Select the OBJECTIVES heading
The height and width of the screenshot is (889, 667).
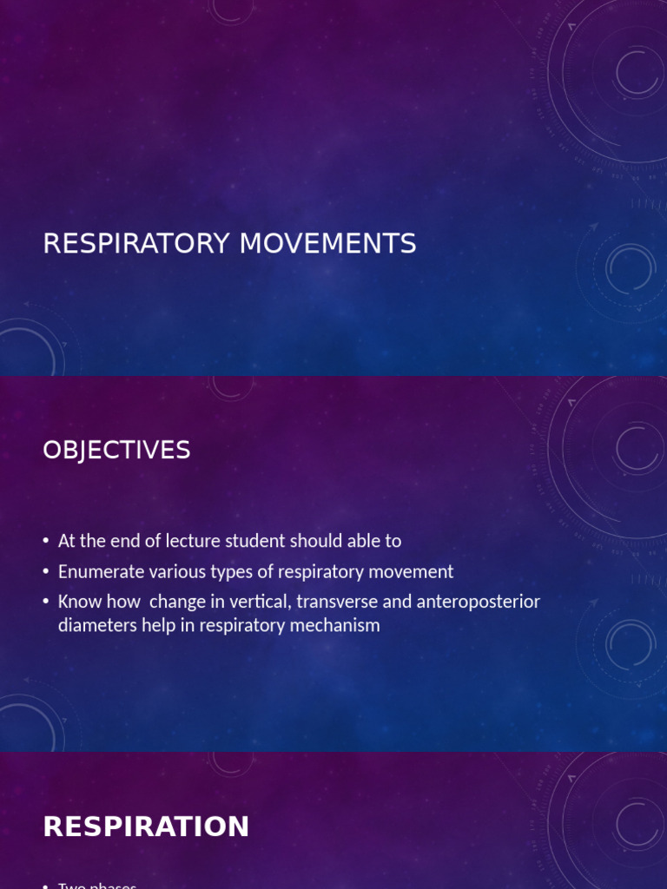116,451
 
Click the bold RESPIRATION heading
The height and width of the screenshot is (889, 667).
146,826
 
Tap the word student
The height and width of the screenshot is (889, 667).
255,541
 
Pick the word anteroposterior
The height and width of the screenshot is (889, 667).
474,601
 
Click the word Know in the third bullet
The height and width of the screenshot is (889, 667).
77,601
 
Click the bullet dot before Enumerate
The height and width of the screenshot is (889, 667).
45,572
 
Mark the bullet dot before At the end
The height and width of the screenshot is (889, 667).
45,542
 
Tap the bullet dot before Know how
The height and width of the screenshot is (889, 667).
45,602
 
